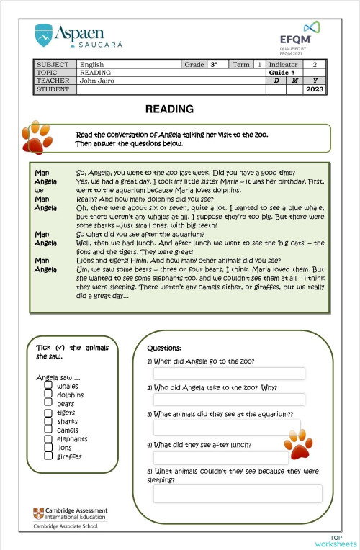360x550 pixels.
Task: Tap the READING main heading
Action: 169,109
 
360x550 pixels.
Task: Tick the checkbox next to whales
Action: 48,386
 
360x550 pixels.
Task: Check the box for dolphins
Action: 48,395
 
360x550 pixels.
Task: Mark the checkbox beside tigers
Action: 48,412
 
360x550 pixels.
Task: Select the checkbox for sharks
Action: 48,421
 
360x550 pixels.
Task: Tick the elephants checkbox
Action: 48,438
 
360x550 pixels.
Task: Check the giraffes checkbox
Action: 48,456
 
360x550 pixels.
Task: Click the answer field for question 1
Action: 229,374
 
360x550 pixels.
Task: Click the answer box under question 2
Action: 229,400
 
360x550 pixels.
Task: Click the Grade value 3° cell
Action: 214,65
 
